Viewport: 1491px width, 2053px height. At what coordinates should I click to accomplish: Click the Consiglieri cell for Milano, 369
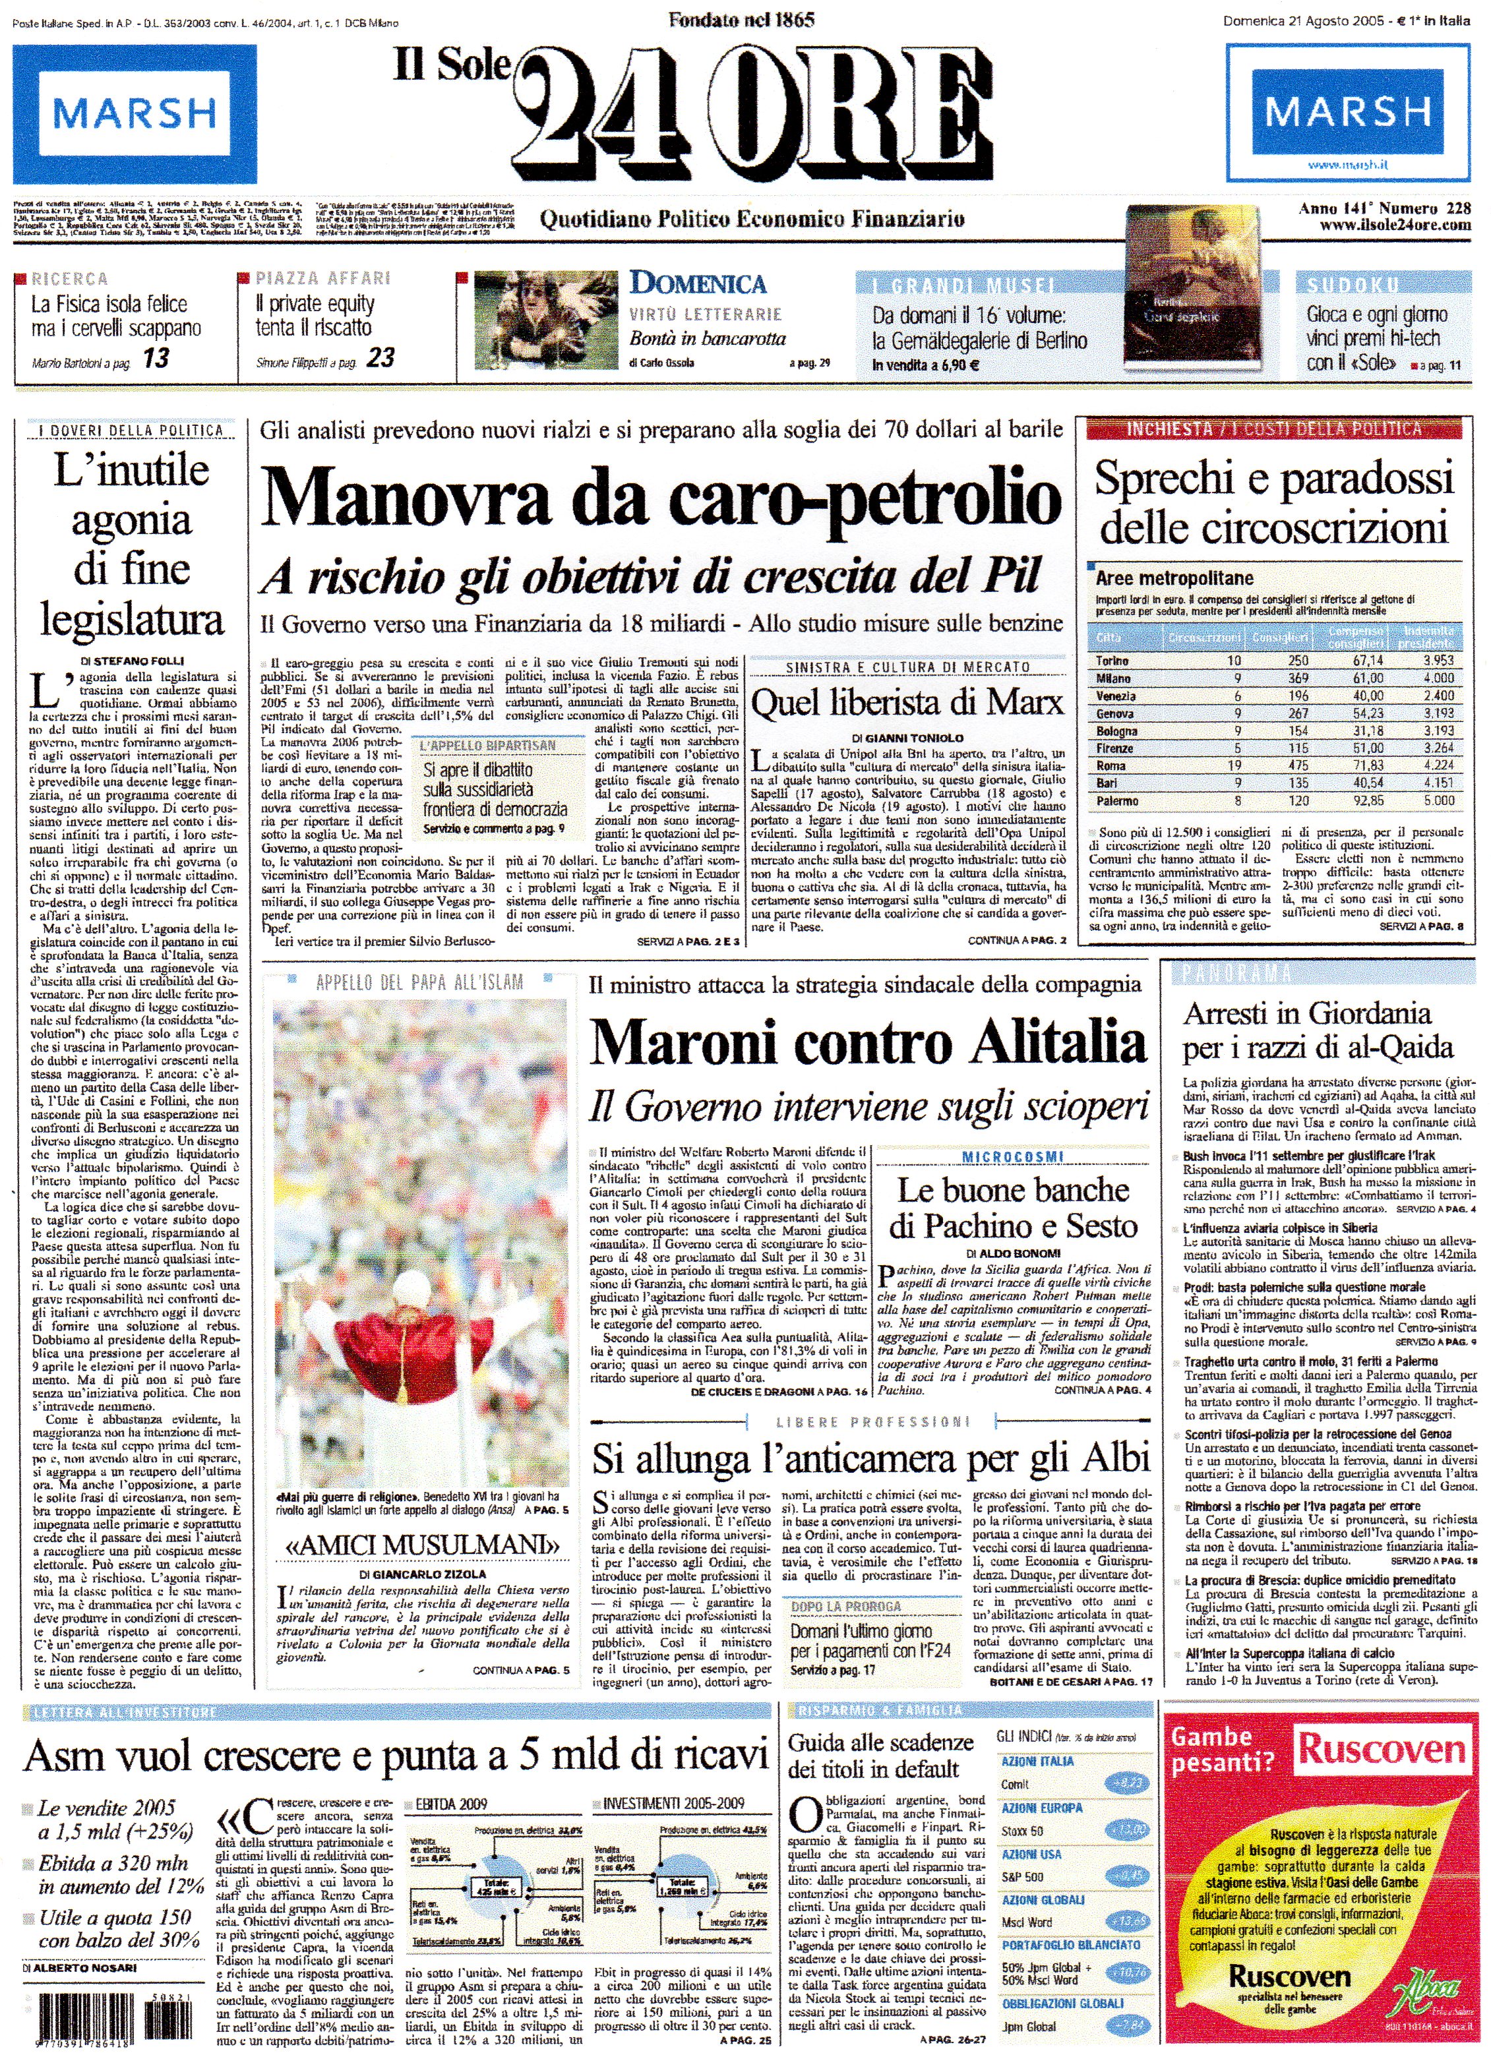coord(1298,678)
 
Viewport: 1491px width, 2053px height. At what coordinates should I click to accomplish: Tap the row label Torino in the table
coord(1112,661)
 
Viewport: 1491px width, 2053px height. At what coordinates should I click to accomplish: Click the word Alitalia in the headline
coord(1058,1043)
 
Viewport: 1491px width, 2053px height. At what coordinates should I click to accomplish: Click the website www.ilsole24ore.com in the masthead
coord(1395,225)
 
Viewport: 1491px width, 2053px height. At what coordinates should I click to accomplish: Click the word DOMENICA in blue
coord(698,283)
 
